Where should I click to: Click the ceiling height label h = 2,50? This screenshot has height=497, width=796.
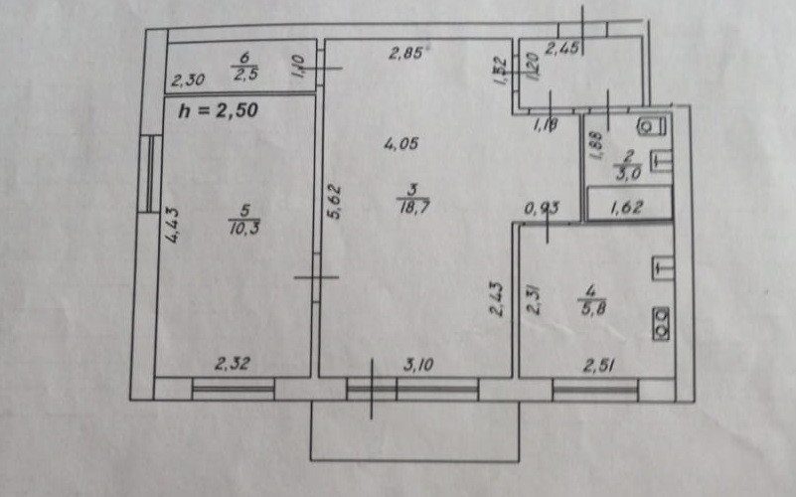[x=218, y=111]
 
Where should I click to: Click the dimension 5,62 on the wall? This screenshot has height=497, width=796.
[x=334, y=200]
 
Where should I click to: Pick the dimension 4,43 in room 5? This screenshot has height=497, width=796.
[x=171, y=225]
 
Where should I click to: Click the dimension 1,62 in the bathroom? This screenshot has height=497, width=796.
[x=627, y=208]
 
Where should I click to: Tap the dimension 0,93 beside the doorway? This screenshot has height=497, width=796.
[x=541, y=208]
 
